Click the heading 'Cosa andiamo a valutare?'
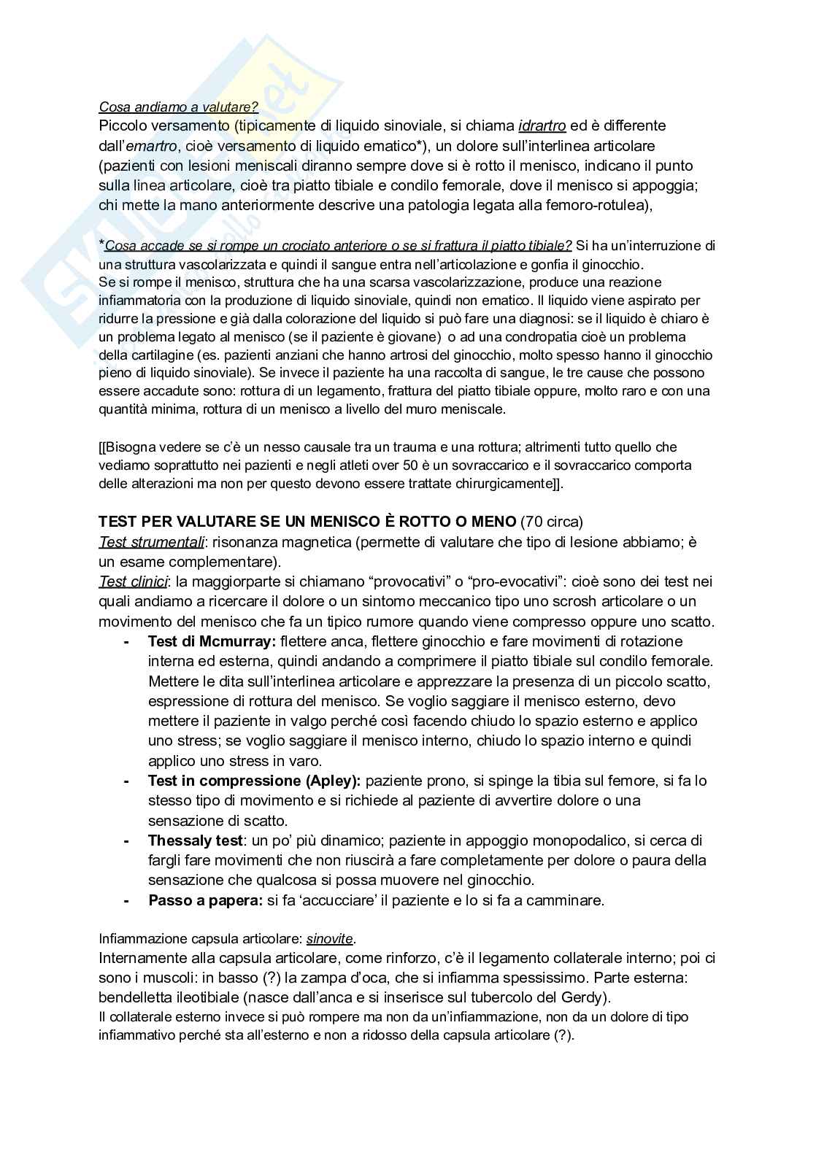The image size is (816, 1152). [178, 107]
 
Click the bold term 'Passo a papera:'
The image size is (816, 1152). [205, 901]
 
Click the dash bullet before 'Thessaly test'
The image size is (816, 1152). [127, 841]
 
